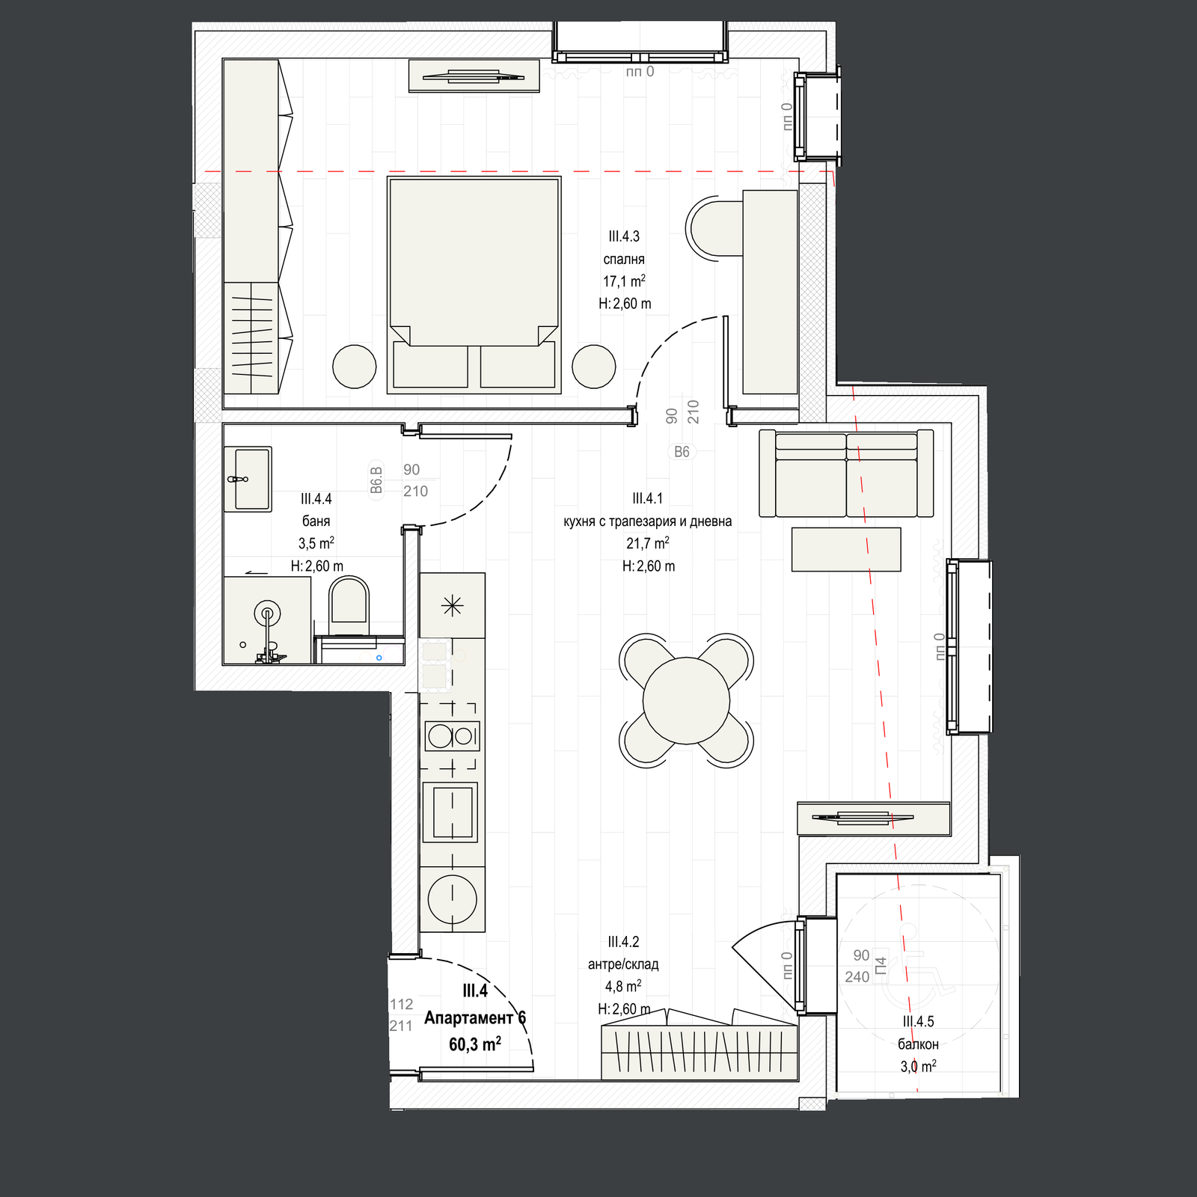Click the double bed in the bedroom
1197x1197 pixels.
click(474, 284)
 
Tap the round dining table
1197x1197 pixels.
click(686, 700)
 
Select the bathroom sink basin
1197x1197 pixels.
click(248, 479)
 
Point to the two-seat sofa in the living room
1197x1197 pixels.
click(846, 474)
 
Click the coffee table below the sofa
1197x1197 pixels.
click(846, 549)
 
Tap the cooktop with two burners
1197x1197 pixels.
click(452, 736)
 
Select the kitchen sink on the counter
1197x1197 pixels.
click(450, 812)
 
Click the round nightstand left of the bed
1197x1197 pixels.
click(355, 366)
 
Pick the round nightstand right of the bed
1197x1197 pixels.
click(594, 366)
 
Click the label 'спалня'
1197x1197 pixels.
click(624, 259)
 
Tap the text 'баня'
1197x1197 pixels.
click(316, 521)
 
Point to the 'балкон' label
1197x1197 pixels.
click(918, 1044)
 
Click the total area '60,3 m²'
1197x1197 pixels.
click(475, 1044)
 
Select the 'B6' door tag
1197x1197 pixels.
click(682, 452)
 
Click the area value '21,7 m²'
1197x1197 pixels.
click(648, 543)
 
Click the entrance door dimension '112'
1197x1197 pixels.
click(402, 1004)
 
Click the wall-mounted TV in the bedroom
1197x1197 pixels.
click(474, 76)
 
